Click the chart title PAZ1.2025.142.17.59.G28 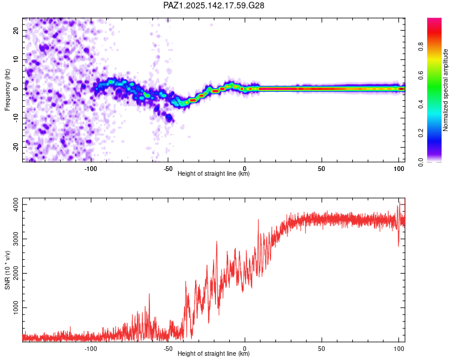214,5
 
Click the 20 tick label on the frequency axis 16,30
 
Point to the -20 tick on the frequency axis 16,147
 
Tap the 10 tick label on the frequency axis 16,59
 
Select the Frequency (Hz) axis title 7,90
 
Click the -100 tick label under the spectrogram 91,169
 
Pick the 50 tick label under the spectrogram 322,169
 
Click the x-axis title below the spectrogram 214,173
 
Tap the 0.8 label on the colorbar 421,47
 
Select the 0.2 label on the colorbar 421,133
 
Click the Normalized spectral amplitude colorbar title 445,90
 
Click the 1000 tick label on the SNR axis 16,307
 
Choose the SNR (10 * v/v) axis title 7,270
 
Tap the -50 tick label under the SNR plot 168,349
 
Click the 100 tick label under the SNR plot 398,349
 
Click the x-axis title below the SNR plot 214,353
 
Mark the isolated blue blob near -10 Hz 169,118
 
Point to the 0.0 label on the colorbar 421,162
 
